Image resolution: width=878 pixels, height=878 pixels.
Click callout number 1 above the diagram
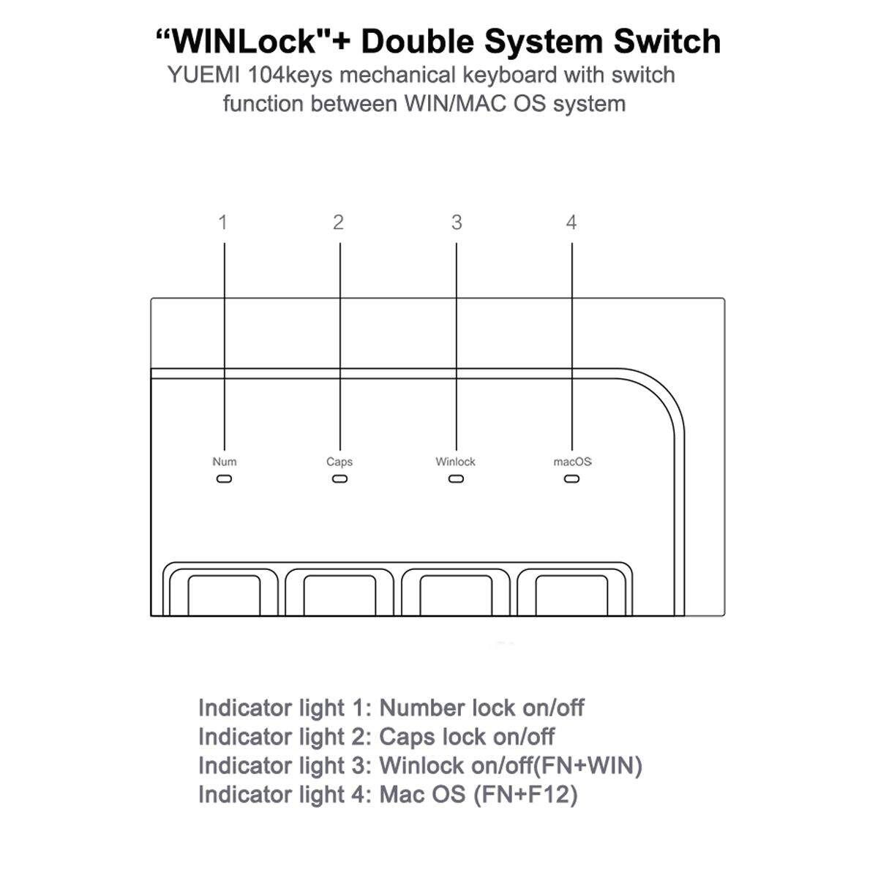(223, 222)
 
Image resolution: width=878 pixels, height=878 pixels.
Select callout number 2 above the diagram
(338, 222)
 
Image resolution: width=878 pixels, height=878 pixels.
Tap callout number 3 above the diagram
(457, 222)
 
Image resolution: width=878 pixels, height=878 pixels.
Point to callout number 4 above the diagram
(571, 222)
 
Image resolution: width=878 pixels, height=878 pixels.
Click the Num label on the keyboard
(225, 462)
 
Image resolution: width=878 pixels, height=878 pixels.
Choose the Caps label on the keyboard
(339, 462)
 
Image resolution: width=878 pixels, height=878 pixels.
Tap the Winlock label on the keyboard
(455, 462)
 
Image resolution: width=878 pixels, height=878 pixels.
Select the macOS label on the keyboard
(572, 462)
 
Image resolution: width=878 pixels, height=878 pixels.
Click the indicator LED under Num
(225, 479)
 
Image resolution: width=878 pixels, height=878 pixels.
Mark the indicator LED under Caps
(339, 479)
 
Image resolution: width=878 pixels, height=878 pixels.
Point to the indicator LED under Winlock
(456, 479)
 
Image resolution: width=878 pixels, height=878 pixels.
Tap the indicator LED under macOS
(572, 479)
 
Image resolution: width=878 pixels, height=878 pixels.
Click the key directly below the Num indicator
(224, 593)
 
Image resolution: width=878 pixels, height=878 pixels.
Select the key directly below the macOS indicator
(571, 593)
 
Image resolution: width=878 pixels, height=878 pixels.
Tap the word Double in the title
(418, 42)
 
